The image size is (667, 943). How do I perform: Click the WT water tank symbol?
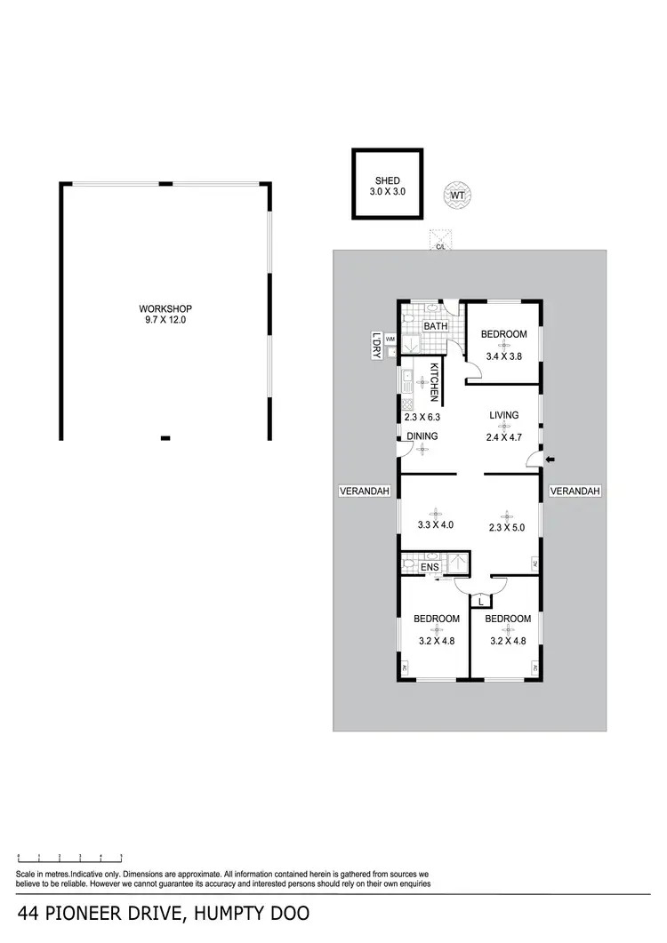point(457,195)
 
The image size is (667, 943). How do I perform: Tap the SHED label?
point(387,180)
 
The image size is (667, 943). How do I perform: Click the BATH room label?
point(436,326)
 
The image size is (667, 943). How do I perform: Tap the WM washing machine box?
point(390,338)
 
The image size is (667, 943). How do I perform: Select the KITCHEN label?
point(435,383)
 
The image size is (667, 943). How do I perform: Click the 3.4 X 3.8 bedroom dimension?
point(503,356)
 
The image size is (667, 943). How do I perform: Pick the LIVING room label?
point(503,415)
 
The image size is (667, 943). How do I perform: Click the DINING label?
point(422,436)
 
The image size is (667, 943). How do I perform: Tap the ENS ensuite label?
point(430,566)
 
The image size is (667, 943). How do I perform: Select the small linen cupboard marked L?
point(480,602)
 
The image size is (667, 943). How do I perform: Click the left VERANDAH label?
point(365,491)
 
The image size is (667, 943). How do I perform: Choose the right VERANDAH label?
point(575,491)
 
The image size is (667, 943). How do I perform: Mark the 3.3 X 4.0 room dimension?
point(436,524)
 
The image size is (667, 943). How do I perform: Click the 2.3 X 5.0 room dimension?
point(507,527)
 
